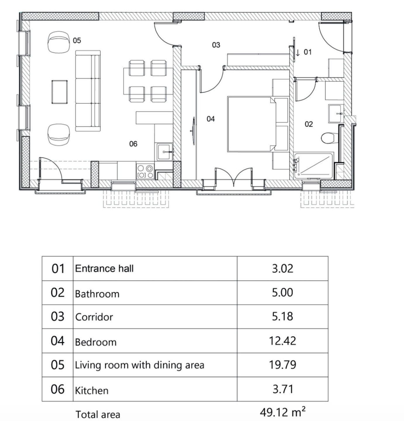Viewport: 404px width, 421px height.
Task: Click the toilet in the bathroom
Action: tap(329, 138)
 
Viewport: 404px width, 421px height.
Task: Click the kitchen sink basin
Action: tap(165, 152)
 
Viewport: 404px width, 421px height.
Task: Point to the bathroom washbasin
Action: tap(336, 113)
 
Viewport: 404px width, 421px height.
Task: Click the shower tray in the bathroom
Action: tap(313, 166)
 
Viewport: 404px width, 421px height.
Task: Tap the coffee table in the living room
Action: tap(59, 92)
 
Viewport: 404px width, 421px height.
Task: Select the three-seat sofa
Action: tap(88, 91)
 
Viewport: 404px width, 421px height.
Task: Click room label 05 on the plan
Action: tap(77, 40)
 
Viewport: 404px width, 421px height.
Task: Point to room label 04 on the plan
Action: tap(211, 119)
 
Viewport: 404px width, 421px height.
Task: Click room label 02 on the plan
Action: tap(309, 124)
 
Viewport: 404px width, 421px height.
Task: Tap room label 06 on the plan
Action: tap(133, 144)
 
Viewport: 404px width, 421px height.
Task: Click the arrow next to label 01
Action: tap(298, 53)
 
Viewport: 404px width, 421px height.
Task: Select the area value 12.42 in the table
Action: tap(282, 341)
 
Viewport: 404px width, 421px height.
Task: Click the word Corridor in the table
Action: tap(94, 318)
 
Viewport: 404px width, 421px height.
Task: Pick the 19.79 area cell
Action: tap(282, 365)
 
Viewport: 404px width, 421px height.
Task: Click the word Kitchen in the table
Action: tap(91, 391)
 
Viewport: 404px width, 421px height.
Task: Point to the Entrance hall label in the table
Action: tap(104, 268)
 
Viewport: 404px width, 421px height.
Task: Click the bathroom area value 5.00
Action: tap(282, 292)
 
